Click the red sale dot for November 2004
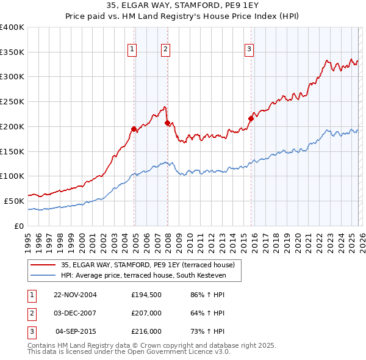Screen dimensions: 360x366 point(134,129)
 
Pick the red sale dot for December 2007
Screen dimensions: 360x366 point(167,123)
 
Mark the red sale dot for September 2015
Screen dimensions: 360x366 point(251,118)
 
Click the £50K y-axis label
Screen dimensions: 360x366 point(14,201)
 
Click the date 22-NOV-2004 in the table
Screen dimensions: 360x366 point(76,295)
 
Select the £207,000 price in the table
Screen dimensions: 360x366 point(146,313)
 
